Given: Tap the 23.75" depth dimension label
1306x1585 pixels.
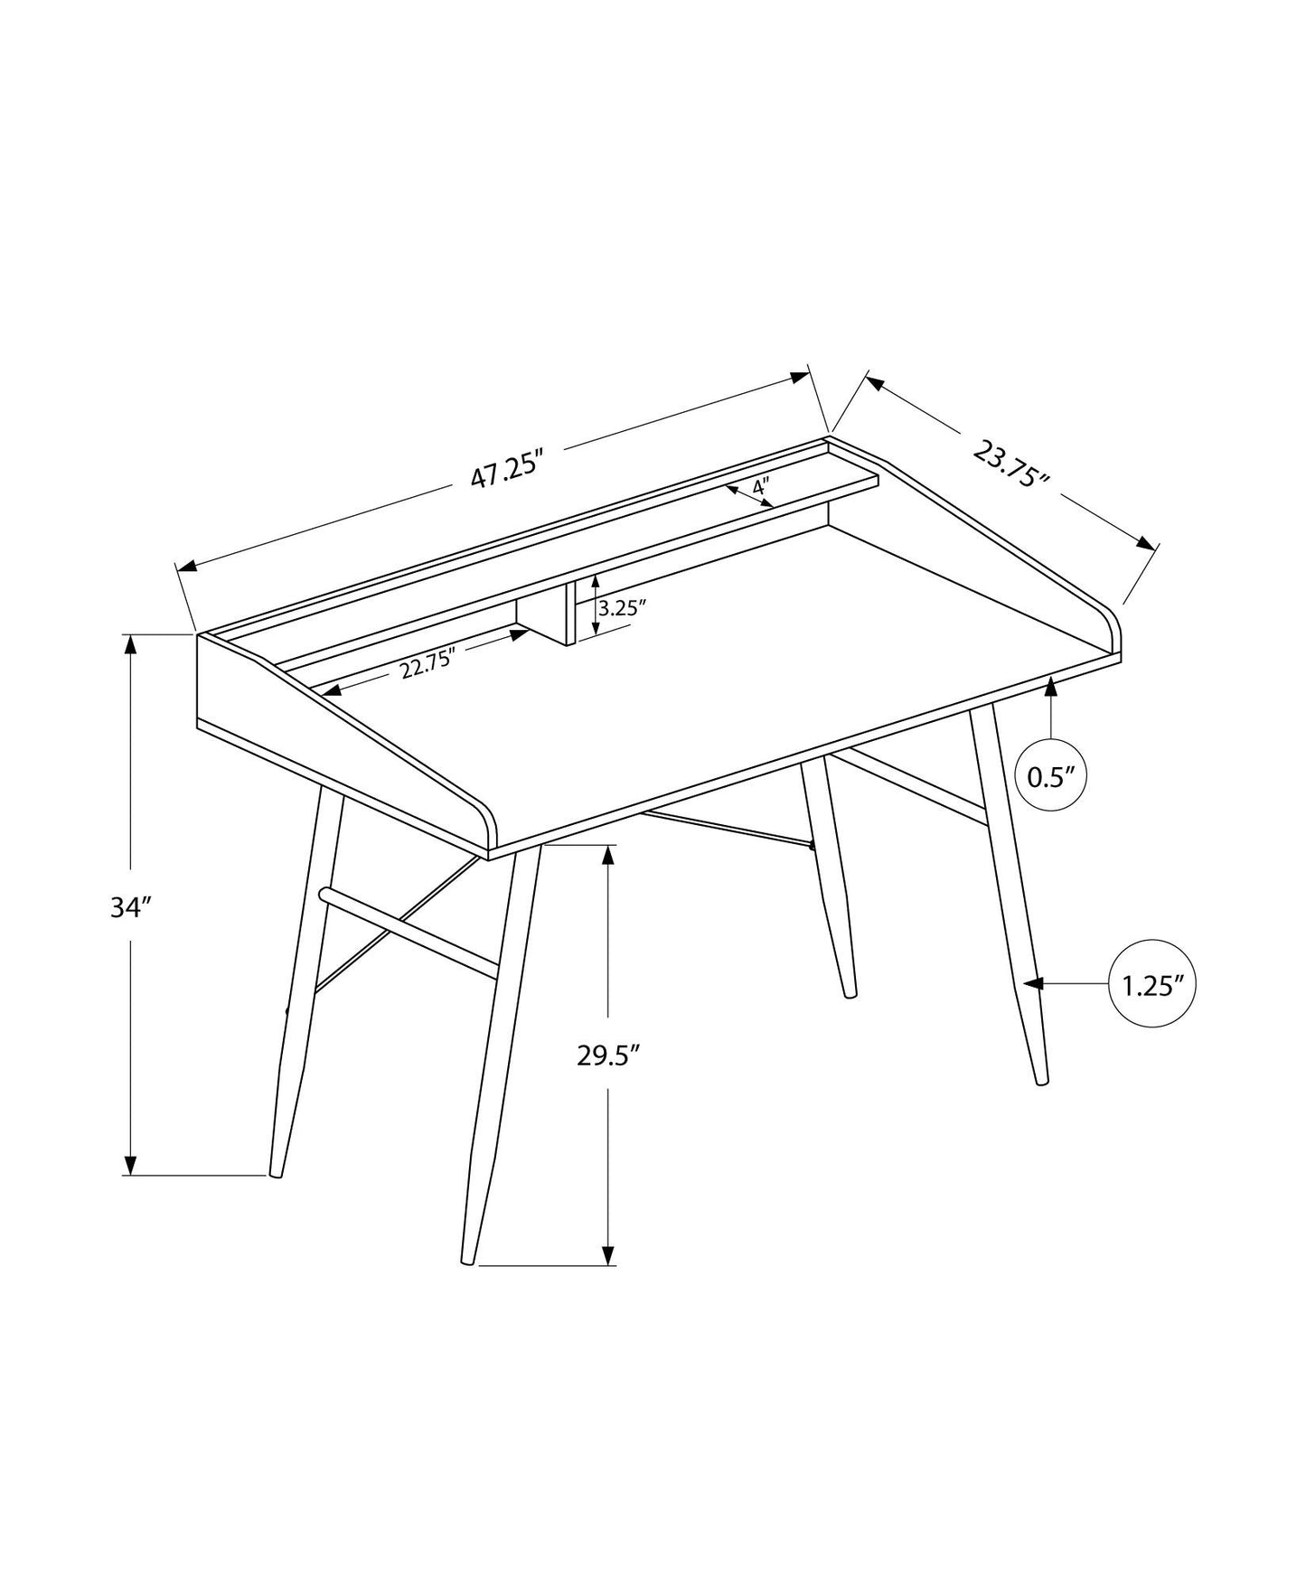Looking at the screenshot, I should pos(1010,464).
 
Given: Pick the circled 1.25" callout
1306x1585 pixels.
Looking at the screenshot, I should pos(1152,984).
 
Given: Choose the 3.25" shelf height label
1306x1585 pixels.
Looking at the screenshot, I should pos(624,607).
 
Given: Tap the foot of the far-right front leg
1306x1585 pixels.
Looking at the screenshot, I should pos(1041,1080).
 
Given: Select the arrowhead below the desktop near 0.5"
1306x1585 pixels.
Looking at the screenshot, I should pos(1050,689).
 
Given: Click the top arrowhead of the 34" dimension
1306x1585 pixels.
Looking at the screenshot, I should pos(131,645).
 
